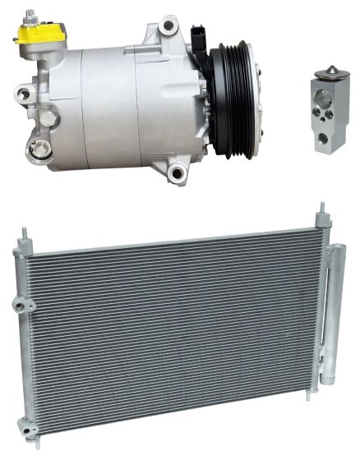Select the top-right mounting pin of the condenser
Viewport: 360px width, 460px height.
click(315, 220)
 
